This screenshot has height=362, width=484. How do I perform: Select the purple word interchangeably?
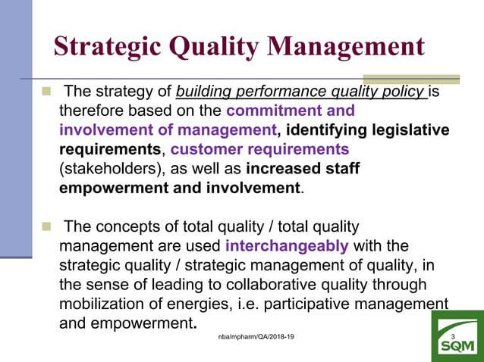coord(287,246)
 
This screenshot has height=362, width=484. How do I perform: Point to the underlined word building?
coord(206,93)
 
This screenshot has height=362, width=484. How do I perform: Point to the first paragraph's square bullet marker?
coord(47,92)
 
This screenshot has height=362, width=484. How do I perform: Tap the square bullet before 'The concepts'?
coord(47,226)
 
